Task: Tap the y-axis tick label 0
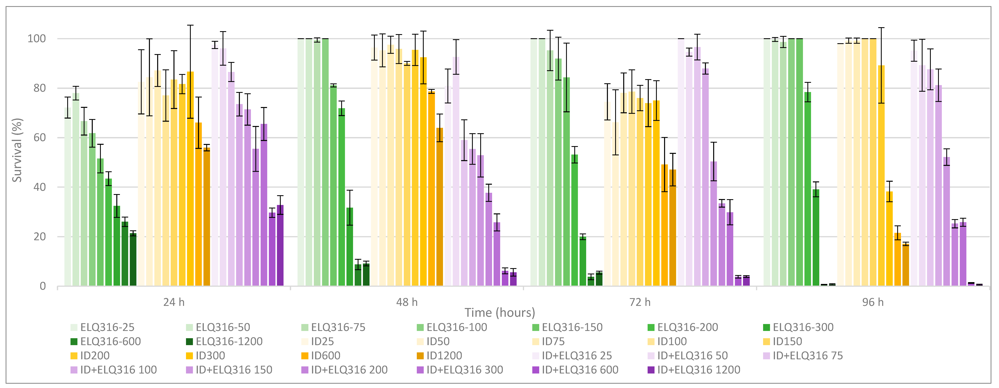coord(43,286)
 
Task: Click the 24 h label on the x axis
coord(174,302)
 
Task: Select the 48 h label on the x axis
coord(407,302)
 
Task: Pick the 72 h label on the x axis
coord(640,302)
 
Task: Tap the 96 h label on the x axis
coord(873,302)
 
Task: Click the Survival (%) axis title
coord(17,150)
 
